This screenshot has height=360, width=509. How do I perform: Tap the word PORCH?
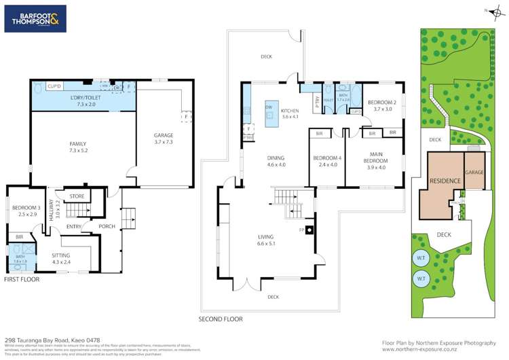pyautogui.click(x=107, y=226)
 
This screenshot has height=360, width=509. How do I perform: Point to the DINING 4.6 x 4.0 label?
pyautogui.click(x=276, y=160)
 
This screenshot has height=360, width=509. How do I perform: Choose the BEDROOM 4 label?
pyautogui.click(x=326, y=161)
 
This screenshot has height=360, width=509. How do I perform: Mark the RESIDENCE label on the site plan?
pyautogui.click(x=445, y=181)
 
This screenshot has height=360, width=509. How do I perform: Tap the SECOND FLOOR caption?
pyautogui.click(x=220, y=319)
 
